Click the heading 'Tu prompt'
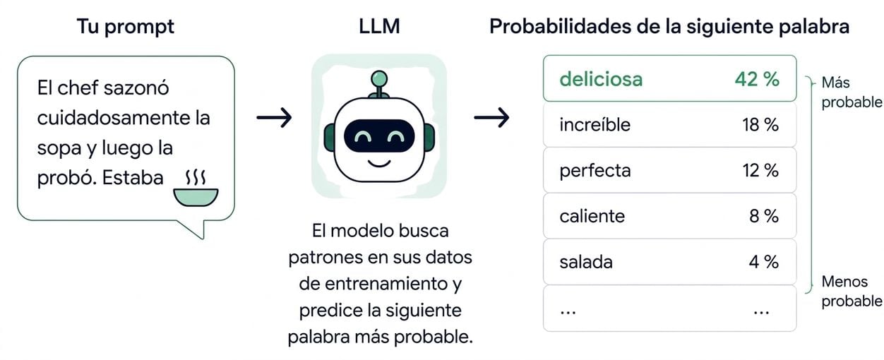pyautogui.click(x=126, y=27)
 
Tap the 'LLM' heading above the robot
pyautogui.click(x=379, y=26)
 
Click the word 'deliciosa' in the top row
pyautogui.click(x=601, y=79)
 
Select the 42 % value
pyautogui.click(x=757, y=79)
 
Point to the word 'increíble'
pyautogui.click(x=595, y=125)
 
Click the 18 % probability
pyautogui.click(x=760, y=125)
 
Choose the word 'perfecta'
pyautogui.click(x=595, y=172)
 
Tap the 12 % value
pyautogui.click(x=760, y=171)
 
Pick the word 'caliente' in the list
pyautogui.click(x=592, y=216)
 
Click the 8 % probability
pyautogui.click(x=764, y=216)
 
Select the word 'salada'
pyautogui.click(x=586, y=262)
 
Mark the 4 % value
pyautogui.click(x=764, y=262)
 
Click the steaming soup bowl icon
pyautogui.click(x=196, y=188)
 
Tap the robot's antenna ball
pyautogui.click(x=379, y=78)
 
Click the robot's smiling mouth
pyautogui.click(x=379, y=163)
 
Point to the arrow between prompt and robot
pyautogui.click(x=274, y=117)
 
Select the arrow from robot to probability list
pyautogui.click(x=491, y=117)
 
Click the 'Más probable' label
pyautogui.click(x=852, y=92)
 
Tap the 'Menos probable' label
pyautogui.click(x=852, y=292)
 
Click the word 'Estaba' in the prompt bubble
pyautogui.click(x=133, y=178)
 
